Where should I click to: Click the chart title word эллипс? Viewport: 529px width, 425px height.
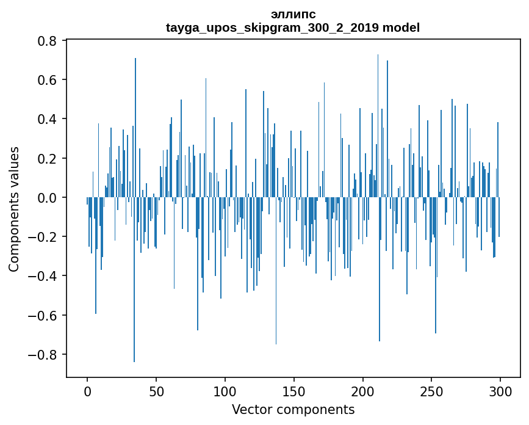point(293,14)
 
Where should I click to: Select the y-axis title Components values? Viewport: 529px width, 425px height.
point(14,209)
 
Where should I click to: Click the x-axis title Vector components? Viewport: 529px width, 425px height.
point(293,409)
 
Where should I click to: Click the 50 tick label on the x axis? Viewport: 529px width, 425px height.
point(156,391)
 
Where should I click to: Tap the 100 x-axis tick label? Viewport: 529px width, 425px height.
point(225,391)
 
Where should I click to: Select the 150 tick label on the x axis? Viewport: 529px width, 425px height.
point(294,391)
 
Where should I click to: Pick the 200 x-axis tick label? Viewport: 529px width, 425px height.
point(363,391)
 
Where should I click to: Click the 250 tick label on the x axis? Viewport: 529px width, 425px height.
point(431,391)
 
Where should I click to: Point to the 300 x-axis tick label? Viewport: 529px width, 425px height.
point(500,391)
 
